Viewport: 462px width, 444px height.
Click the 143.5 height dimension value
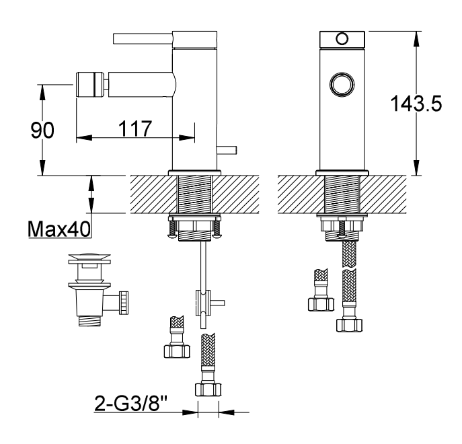click(416, 103)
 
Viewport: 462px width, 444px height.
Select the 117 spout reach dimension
click(135, 128)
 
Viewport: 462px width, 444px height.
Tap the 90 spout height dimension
click(42, 131)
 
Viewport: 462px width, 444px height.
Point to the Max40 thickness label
click(59, 229)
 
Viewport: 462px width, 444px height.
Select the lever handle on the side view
click(143, 39)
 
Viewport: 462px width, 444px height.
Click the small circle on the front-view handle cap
click(342, 38)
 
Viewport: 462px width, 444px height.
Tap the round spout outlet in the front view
click(342, 84)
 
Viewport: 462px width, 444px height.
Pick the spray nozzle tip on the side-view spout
click(91, 84)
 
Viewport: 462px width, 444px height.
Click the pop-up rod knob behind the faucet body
click(226, 150)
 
